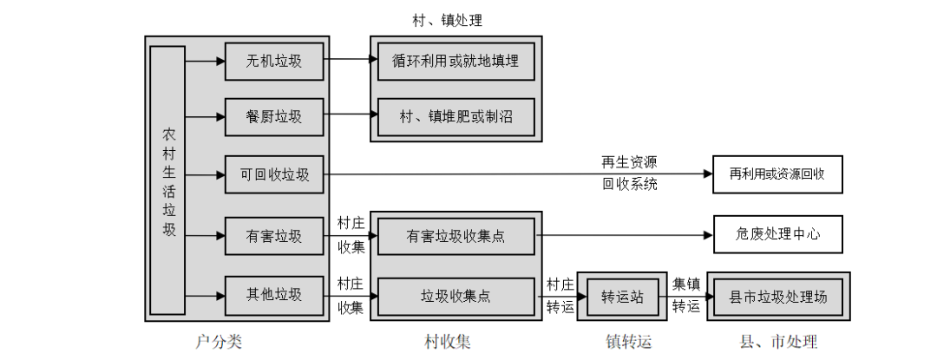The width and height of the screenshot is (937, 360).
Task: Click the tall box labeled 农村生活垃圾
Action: (167, 180)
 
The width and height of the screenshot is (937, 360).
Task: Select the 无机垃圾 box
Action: (274, 61)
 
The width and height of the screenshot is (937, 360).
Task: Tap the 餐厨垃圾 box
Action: (274, 116)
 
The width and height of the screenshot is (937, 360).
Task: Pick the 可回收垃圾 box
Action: (274, 174)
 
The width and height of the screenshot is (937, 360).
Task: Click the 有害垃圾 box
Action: (274, 235)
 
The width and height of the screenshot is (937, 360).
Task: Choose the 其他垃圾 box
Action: (274, 295)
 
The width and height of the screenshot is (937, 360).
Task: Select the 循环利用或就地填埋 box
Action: (456, 61)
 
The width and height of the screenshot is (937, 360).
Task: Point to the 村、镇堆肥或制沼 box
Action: (456, 116)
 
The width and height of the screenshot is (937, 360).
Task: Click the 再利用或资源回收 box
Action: (776, 174)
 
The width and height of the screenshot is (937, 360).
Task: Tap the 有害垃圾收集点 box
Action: (456, 235)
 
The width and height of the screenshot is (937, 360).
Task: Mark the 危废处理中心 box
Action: (776, 234)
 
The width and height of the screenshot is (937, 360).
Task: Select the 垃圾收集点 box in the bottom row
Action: (456, 296)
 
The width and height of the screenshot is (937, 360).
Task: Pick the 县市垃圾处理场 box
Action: (777, 297)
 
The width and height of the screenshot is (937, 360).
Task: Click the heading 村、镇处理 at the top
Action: (455, 19)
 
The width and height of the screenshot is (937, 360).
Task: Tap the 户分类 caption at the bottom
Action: (220, 342)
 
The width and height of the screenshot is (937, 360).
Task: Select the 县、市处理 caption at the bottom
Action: (777, 342)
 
